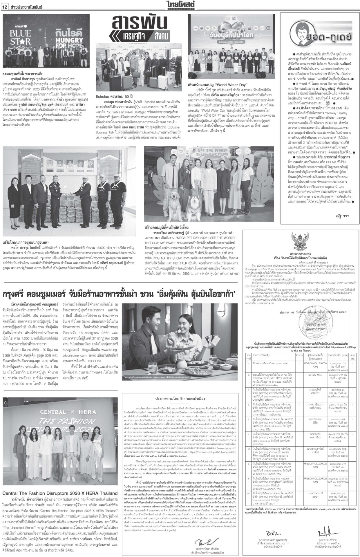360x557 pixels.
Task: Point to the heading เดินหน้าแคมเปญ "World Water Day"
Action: [x=217, y=85]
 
